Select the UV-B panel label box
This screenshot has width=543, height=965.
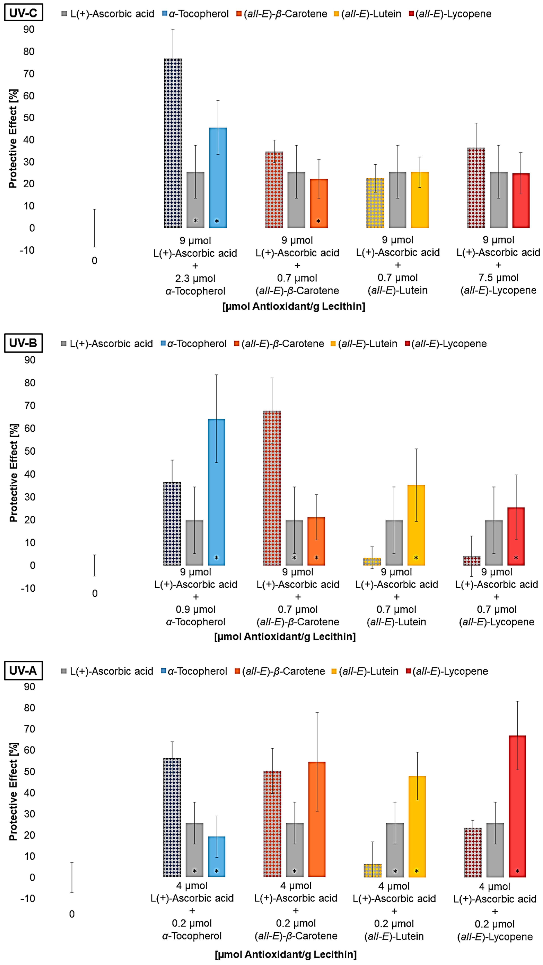pos(23,343)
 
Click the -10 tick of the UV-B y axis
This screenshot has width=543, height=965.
pos(28,588)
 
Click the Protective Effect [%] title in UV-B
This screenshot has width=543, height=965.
pos(14,473)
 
